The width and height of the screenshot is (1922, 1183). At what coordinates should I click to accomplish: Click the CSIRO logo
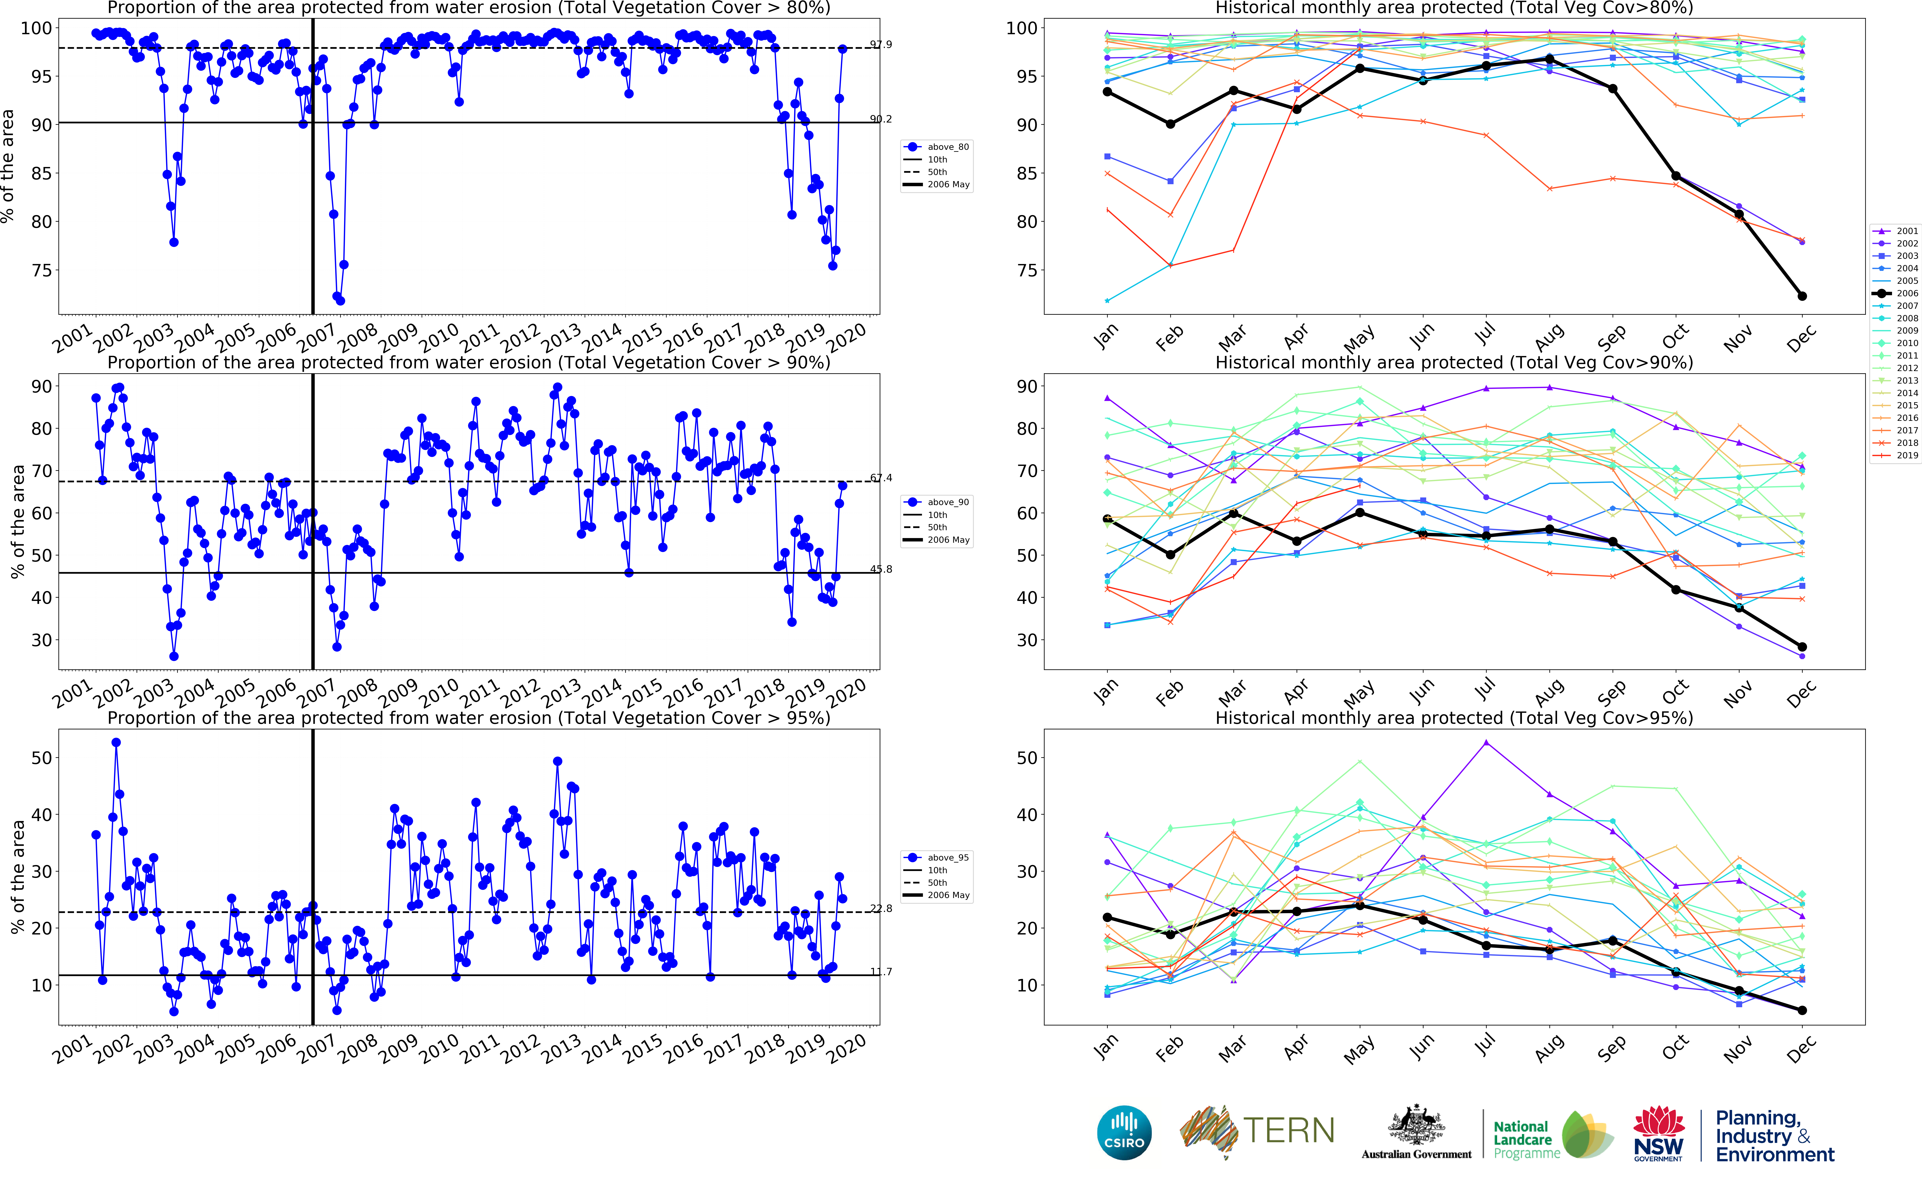(1124, 1132)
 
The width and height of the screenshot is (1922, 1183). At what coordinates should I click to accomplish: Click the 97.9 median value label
(881, 45)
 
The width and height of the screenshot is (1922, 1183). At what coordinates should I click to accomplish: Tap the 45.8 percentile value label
(881, 569)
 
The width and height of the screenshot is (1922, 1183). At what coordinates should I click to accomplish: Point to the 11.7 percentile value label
(881, 972)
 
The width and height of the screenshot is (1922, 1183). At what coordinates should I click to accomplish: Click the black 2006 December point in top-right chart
(1801, 296)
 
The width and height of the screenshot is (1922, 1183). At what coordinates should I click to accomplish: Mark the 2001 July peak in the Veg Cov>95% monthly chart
(1486, 742)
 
